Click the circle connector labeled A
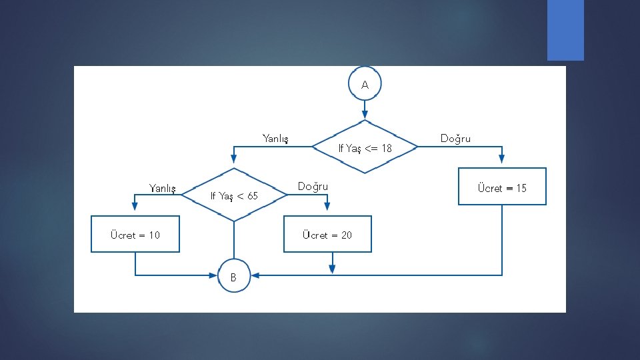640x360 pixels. (365, 85)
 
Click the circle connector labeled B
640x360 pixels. (233, 276)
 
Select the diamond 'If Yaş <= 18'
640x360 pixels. (365, 147)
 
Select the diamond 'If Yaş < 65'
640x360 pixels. (233, 195)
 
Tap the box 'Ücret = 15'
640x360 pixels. (502, 187)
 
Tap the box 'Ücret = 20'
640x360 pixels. (327, 234)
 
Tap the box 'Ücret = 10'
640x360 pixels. (135, 234)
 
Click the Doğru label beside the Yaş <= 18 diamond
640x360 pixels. (455, 139)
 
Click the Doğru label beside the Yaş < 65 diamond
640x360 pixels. (313, 186)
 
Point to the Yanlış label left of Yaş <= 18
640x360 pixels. (275, 139)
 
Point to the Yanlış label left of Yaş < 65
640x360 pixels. (162, 189)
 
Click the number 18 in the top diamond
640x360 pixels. (385, 148)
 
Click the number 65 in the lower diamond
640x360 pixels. (251, 195)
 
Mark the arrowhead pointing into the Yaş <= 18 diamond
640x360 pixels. (365, 114)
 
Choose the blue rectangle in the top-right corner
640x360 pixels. (565, 30)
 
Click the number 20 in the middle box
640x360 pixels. (345, 235)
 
